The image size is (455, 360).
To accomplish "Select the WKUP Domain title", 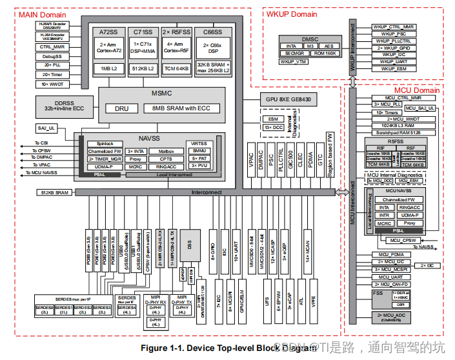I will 291,14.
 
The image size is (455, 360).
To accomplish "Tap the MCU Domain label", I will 416,90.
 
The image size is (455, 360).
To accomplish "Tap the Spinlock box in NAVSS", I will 105,143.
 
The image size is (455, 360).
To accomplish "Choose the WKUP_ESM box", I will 389,68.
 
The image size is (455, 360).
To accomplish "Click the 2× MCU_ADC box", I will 394,316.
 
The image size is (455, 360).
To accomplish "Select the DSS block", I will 190,245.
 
